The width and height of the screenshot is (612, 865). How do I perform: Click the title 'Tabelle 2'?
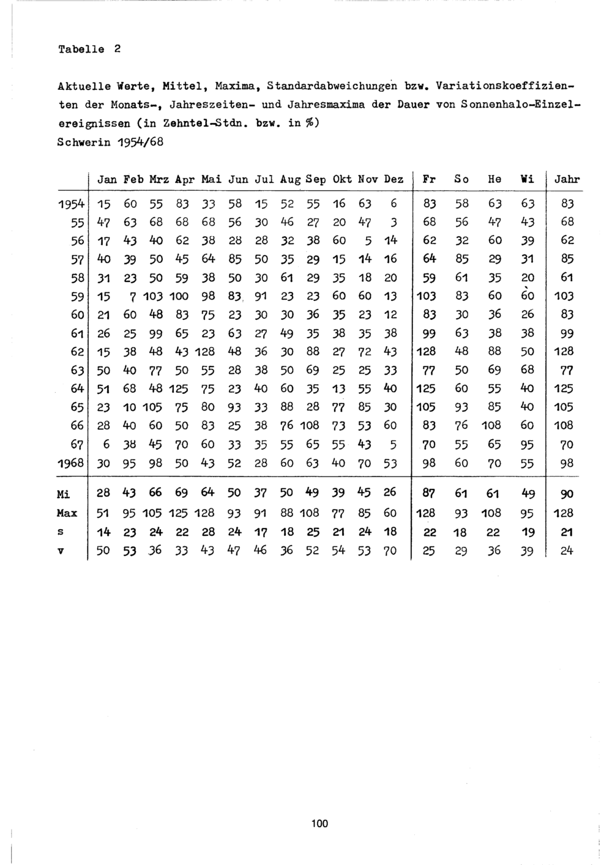tap(89, 49)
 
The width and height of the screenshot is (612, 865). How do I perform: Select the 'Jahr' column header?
tap(566, 179)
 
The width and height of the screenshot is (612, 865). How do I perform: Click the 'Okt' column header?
tap(341, 179)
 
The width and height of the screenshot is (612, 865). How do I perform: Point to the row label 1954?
tap(70, 203)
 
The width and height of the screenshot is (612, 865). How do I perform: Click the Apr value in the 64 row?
tap(179, 388)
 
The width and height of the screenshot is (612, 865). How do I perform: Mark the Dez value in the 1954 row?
tap(394, 203)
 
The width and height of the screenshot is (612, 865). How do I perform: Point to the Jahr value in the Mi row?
tap(566, 494)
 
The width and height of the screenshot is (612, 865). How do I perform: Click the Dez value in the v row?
tap(390, 551)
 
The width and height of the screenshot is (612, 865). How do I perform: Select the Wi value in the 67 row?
tap(527, 444)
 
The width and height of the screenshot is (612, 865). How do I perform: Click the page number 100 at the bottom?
tap(319, 823)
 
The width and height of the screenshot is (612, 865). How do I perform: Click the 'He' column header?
tap(494, 179)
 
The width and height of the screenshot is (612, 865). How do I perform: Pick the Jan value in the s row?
tap(103, 532)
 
